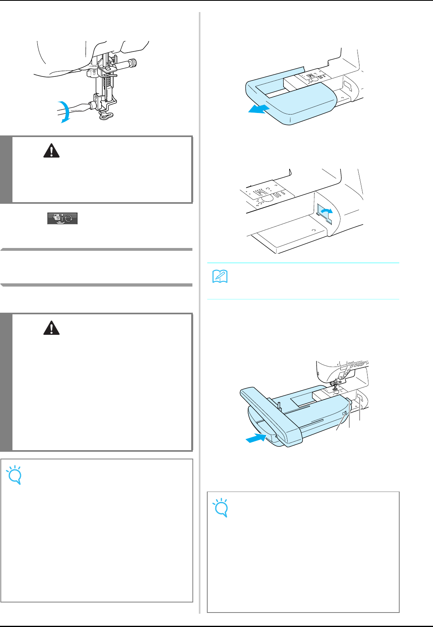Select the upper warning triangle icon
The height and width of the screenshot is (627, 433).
(x=51, y=150)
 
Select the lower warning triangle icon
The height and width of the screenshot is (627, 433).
(x=51, y=328)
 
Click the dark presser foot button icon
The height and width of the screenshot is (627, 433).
(x=62, y=219)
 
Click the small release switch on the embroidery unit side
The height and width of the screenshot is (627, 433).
(x=344, y=414)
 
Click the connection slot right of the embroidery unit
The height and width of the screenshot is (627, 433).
(x=359, y=400)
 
